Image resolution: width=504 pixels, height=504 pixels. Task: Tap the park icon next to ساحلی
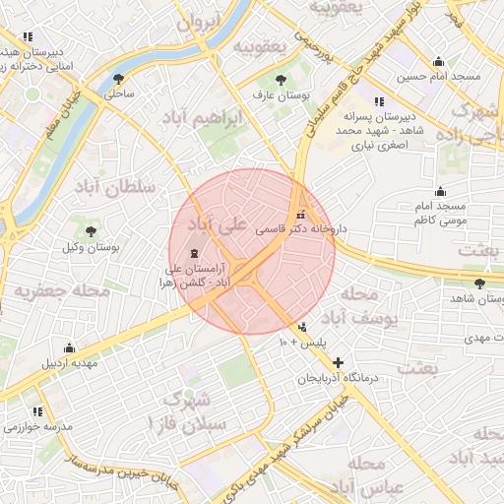point(119,79)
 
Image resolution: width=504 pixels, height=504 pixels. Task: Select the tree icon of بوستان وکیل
point(92,231)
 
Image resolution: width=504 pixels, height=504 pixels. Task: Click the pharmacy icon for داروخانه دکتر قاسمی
point(300,215)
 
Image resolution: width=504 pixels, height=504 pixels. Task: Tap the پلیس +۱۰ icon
point(302,327)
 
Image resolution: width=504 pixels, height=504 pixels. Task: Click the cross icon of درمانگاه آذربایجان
point(339,363)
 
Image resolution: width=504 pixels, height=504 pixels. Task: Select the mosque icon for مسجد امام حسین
point(438,61)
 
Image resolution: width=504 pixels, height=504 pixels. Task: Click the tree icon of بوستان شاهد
point(479,283)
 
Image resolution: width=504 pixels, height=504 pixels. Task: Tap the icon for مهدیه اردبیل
point(69,347)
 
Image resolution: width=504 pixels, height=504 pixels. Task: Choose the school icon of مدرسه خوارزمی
point(37,411)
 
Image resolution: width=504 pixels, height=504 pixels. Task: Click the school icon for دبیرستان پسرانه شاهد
point(378,101)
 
